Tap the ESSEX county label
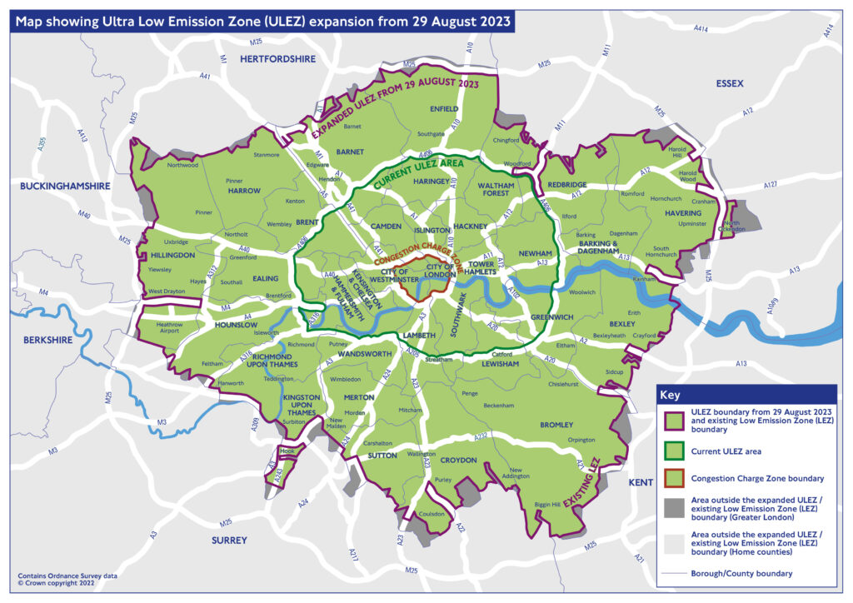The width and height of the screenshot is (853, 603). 729,83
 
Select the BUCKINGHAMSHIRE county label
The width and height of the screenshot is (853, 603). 65,187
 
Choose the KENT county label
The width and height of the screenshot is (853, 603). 641,482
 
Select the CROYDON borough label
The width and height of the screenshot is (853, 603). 458,460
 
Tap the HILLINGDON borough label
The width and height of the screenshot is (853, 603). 172,256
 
